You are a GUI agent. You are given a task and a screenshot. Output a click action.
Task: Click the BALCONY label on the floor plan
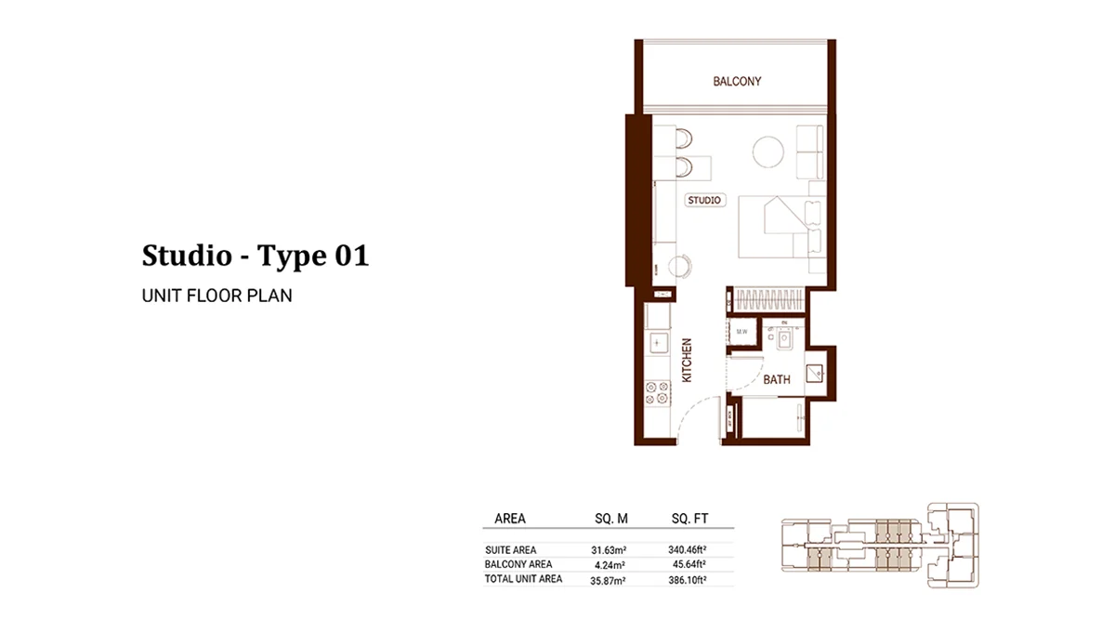click(737, 82)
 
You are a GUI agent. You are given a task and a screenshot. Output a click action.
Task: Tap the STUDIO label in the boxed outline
click(704, 200)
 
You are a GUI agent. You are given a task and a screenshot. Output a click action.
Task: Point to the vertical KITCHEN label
click(688, 361)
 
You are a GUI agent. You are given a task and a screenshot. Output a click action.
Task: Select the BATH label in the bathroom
click(776, 379)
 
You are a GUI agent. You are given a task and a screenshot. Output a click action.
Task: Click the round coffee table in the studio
click(767, 151)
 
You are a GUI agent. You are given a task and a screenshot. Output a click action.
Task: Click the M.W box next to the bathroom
click(742, 332)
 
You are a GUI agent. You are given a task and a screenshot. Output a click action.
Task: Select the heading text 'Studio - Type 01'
click(255, 256)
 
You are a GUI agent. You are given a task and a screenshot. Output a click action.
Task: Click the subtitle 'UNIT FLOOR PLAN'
click(216, 296)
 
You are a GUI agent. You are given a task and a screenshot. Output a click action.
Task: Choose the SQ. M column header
click(610, 519)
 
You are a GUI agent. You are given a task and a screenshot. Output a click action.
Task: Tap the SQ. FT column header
click(688, 519)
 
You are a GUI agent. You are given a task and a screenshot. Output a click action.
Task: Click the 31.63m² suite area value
click(609, 549)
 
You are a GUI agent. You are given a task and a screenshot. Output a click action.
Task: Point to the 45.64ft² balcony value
click(689, 564)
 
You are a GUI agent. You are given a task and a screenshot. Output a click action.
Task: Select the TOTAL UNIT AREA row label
click(523, 579)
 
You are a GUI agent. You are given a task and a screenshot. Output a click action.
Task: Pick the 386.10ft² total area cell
click(688, 579)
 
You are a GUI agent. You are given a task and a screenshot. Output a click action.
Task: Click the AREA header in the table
click(510, 519)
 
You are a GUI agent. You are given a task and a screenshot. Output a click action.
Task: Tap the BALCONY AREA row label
click(518, 564)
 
